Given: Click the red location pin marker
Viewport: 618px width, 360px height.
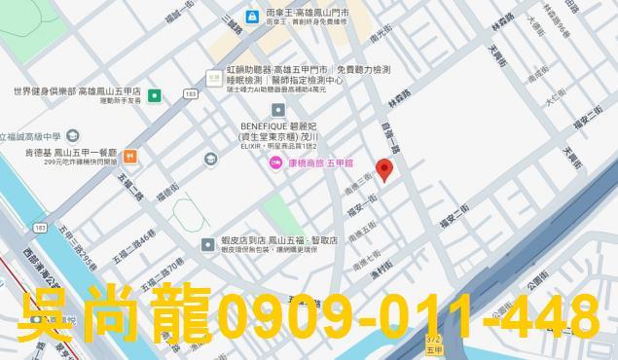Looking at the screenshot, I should click(383, 171).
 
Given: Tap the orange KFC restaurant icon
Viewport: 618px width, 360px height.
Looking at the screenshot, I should click(129, 156).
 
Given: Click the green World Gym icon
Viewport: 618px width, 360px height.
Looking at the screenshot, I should click(155, 95).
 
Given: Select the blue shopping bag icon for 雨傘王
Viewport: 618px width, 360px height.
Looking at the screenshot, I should click(252, 16).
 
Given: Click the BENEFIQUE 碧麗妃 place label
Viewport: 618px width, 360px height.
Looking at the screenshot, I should click(282, 126).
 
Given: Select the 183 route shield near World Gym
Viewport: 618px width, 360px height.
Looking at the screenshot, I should click(190, 94).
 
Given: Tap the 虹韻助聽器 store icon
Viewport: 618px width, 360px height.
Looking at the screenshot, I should click(214, 75).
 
